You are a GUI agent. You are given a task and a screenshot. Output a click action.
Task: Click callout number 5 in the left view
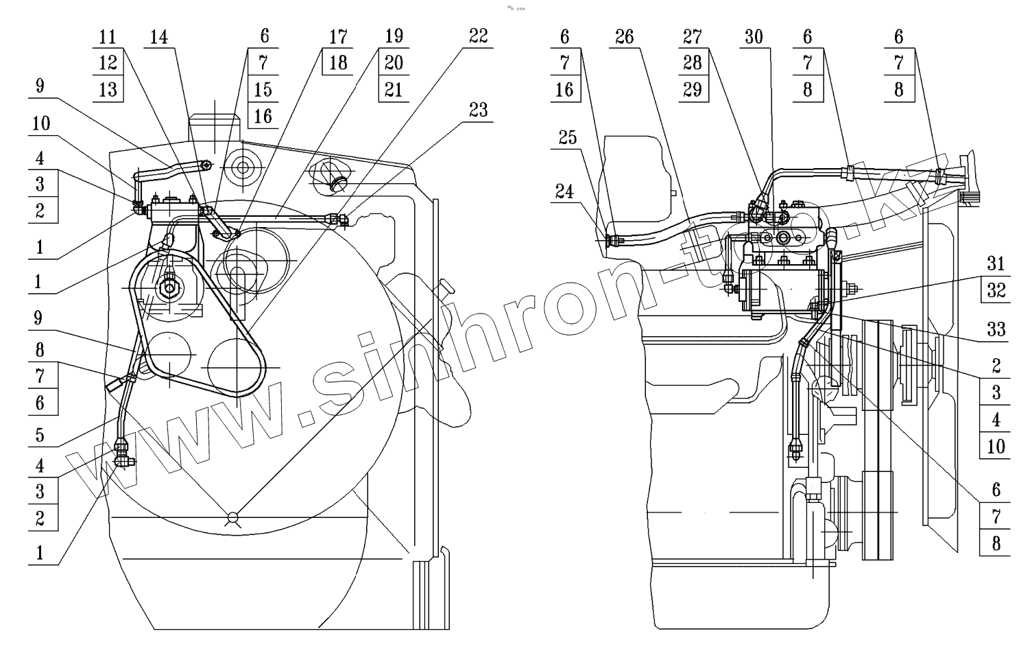tap(40, 434)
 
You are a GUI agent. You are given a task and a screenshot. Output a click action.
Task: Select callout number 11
tap(108, 36)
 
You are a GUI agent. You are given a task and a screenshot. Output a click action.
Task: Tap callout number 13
tap(108, 89)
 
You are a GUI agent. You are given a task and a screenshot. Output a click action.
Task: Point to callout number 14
tap(158, 36)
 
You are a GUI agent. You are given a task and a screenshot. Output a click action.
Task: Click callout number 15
tap(263, 89)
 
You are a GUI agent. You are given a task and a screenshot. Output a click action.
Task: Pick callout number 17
tap(337, 36)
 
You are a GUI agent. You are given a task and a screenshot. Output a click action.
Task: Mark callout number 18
tap(337, 63)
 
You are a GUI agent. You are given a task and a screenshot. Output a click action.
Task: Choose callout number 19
tap(394, 36)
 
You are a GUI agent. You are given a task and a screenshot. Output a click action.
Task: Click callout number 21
tap(394, 89)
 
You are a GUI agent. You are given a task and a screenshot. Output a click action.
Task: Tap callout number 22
tap(478, 36)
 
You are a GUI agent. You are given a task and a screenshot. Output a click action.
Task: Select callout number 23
tap(478, 110)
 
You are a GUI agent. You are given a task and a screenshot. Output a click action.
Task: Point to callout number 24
tap(564, 191)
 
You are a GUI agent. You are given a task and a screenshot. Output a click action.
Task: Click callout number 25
tap(567, 138)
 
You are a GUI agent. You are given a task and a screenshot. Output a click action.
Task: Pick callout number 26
tap(624, 36)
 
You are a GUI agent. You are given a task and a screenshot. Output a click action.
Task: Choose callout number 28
tap(693, 63)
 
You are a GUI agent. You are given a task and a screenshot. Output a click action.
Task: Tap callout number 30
tap(753, 36)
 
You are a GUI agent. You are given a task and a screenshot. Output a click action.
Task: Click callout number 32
tap(996, 290)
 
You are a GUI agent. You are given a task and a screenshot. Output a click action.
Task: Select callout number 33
tap(996, 330)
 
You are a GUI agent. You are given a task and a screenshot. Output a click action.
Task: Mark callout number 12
tap(108, 63)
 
